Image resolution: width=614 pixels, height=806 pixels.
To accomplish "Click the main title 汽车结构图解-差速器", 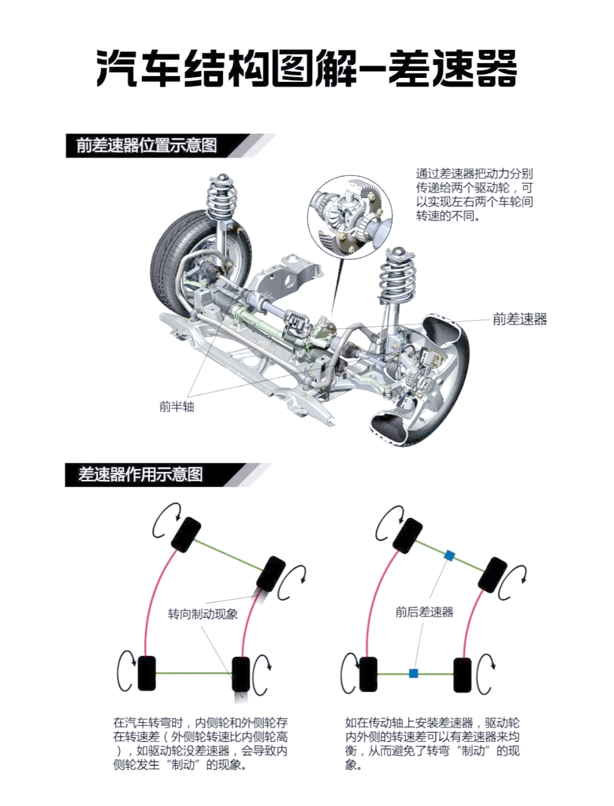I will [x=307, y=68].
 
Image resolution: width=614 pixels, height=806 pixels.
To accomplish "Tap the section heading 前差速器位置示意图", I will [x=147, y=146].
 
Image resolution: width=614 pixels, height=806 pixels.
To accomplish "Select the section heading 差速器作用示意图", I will [x=140, y=475].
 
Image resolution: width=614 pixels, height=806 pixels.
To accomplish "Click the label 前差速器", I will [x=520, y=319].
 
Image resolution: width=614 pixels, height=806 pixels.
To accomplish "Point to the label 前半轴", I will [x=176, y=406].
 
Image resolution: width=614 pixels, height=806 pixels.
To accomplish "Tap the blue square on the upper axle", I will [x=449, y=555].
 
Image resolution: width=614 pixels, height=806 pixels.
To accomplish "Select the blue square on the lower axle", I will [x=414, y=674].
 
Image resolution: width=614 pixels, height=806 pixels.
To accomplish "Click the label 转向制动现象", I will [x=203, y=614].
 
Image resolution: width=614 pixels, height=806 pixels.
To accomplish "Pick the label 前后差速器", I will [x=425, y=612].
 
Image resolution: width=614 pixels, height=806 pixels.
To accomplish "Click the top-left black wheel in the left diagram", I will [x=185, y=533].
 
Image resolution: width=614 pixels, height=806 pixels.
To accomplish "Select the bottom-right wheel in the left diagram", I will [x=241, y=674].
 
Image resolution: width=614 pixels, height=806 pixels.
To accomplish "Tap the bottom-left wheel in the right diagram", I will [x=368, y=674].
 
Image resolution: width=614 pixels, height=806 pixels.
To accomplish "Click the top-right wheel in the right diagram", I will [x=492, y=575].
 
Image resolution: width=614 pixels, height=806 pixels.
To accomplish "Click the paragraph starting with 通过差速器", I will [x=474, y=194].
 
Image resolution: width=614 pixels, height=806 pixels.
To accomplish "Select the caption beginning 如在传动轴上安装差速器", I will [x=432, y=743].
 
